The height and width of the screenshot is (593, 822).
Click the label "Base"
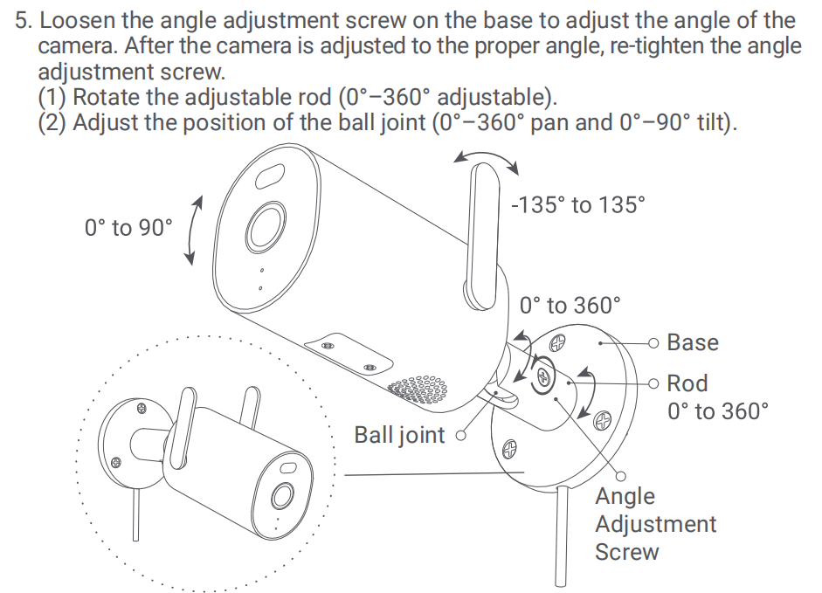[693, 342]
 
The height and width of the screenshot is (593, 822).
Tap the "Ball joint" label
[398, 434]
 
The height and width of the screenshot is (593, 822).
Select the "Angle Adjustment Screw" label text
[654, 524]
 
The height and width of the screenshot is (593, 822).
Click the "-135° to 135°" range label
[578, 205]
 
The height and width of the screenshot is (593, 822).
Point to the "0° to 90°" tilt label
[128, 228]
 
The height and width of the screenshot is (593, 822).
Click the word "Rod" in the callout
[687, 383]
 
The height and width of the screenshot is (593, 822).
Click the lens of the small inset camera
[282, 495]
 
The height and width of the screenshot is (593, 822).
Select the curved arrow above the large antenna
[487, 160]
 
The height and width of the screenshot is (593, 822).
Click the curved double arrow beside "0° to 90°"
[194, 229]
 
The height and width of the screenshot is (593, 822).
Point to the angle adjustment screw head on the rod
[541, 376]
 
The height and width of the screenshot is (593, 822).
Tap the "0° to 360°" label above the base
[570, 305]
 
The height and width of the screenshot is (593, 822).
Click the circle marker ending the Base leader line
[653, 343]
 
